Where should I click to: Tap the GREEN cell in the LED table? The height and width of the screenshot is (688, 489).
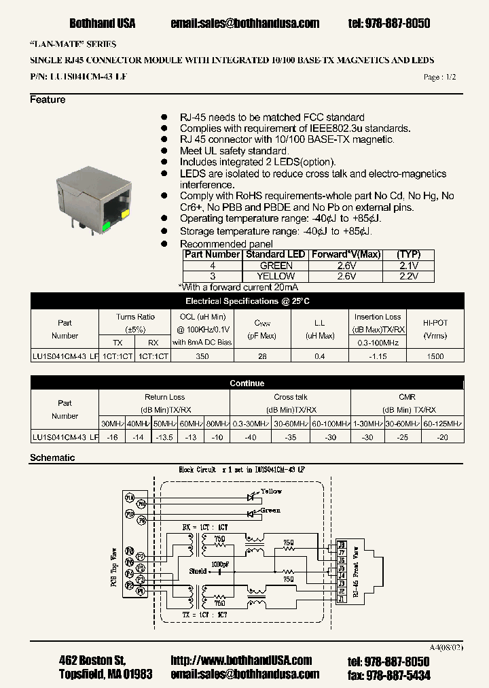click(276, 266)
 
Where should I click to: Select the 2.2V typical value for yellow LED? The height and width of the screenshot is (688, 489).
click(407, 277)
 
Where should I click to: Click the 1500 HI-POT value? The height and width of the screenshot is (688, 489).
click(435, 356)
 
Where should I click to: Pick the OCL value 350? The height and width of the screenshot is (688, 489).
click(202, 356)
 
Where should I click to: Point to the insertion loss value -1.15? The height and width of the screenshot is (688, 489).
click(378, 356)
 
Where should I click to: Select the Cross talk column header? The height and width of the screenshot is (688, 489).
click(290, 397)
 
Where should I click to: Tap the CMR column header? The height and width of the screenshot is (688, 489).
click(407, 397)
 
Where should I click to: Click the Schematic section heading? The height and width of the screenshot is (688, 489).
click(52, 458)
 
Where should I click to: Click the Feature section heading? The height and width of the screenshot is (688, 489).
click(48, 100)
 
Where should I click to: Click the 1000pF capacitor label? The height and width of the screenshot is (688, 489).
click(220, 564)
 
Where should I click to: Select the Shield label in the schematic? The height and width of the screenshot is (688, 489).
click(198, 572)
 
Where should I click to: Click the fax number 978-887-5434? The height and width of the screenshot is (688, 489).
click(397, 675)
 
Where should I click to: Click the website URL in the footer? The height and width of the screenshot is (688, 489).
click(241, 661)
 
